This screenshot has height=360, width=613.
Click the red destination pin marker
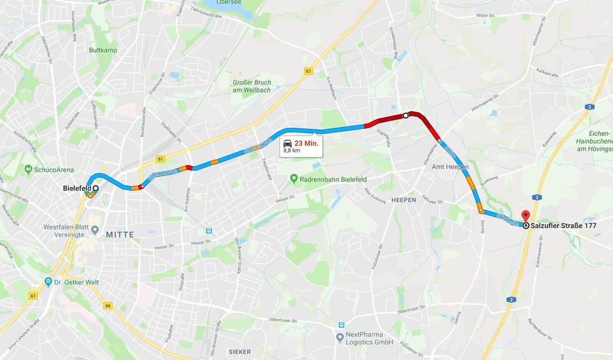[526, 216]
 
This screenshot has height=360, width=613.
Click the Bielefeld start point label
[77, 188]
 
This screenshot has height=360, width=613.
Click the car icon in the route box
[287, 144]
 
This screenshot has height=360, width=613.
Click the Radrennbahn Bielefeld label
[332, 179]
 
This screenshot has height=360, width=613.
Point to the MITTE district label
[120, 234]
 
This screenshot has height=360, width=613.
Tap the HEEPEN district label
[403, 199]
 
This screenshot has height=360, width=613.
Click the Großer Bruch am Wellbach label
[251, 86]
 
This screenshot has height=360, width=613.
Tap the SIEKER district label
[239, 352]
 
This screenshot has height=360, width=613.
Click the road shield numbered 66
[108, 306]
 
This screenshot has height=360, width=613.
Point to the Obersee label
[229, 2]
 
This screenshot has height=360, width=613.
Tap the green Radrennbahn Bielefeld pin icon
[294, 179]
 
